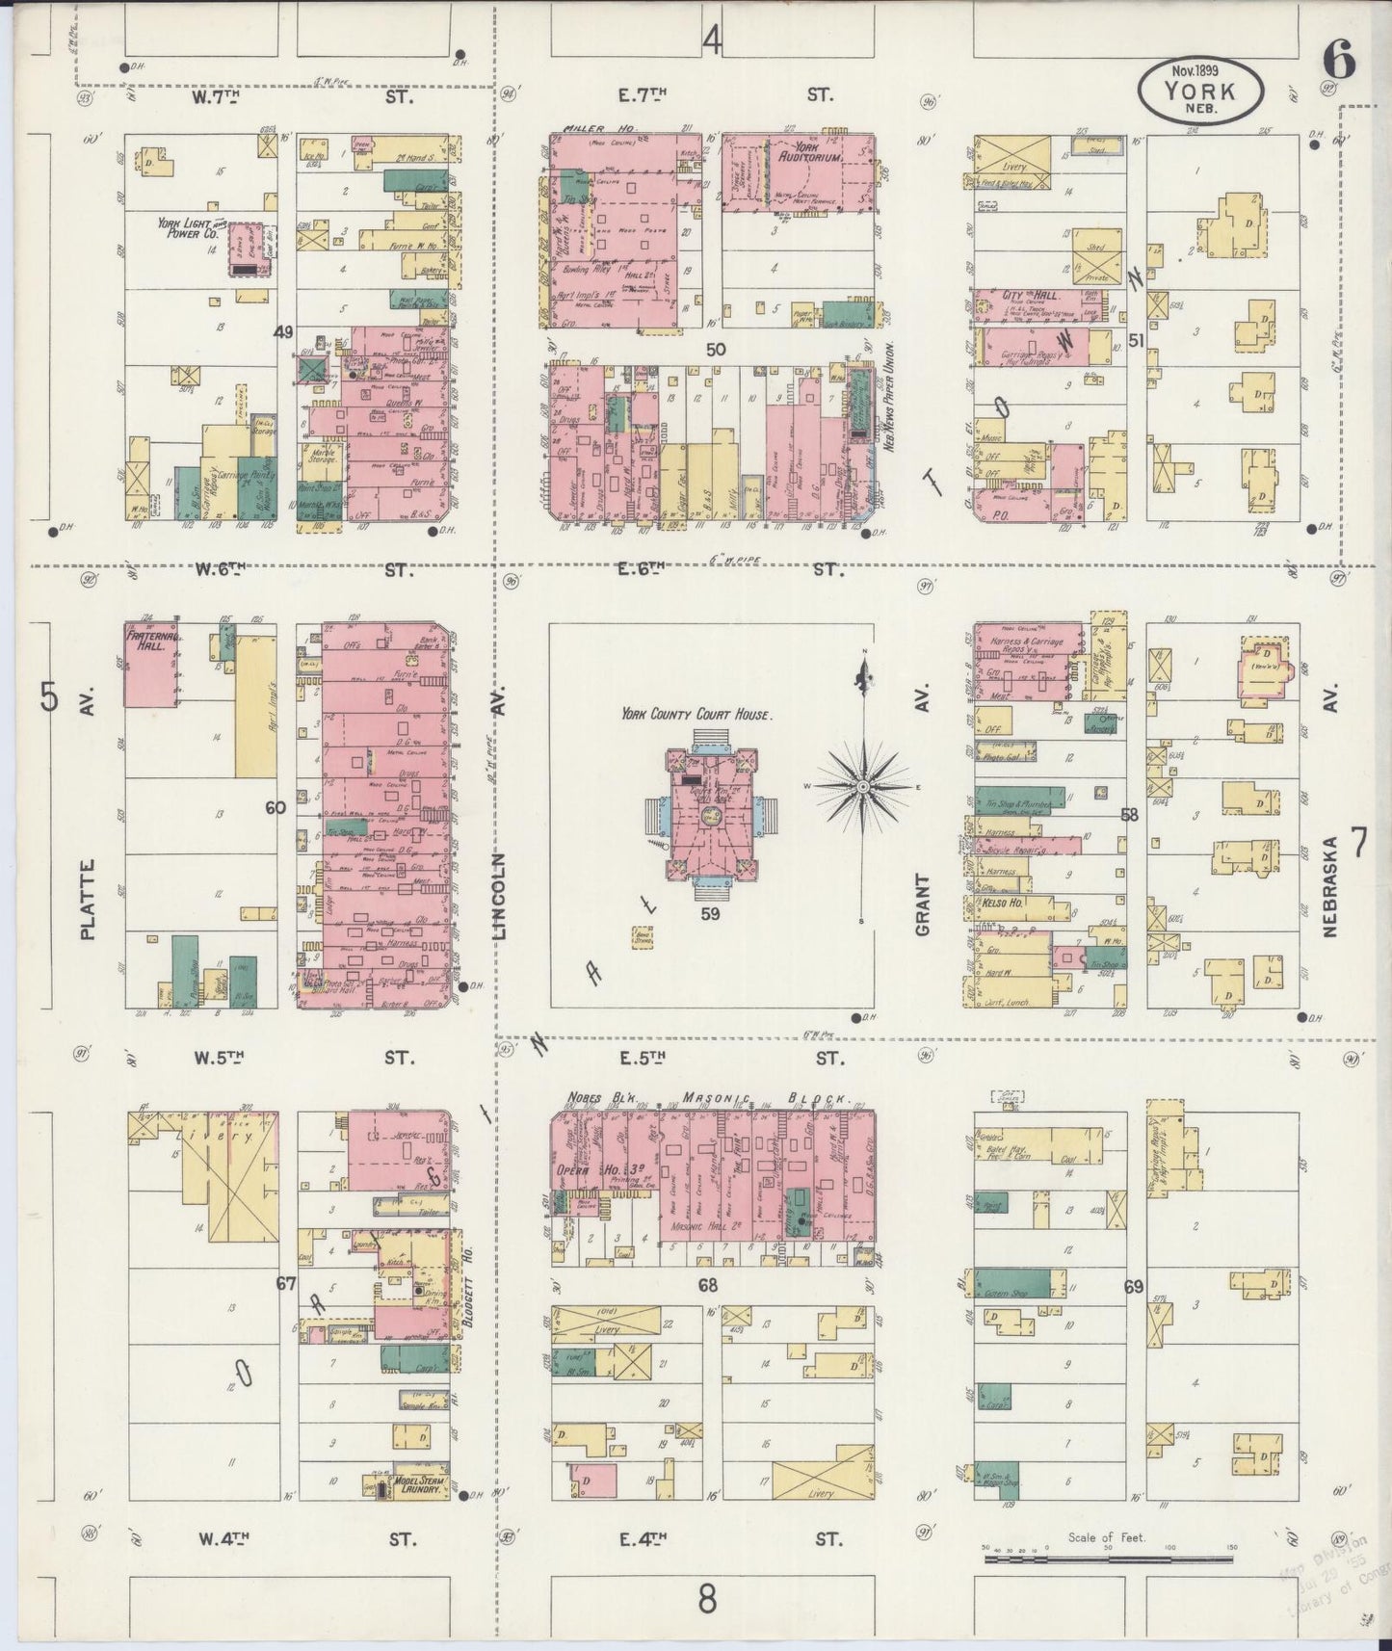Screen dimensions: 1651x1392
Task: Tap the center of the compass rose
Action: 864,787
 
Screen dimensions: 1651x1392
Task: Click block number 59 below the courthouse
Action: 710,913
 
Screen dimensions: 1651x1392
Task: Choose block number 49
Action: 283,333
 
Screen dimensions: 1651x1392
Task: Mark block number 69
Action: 1134,1286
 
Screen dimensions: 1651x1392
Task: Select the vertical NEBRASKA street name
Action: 1331,885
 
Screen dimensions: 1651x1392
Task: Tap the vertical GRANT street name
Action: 923,904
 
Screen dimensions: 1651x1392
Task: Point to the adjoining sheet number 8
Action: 708,1600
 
